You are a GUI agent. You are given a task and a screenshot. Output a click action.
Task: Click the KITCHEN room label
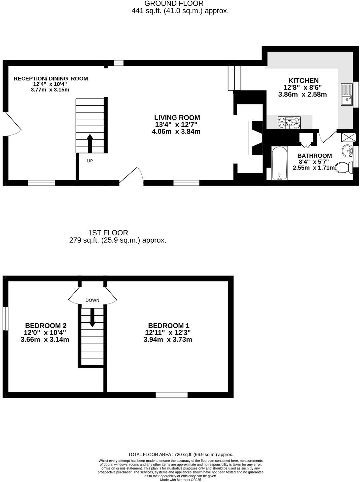coord(303,80)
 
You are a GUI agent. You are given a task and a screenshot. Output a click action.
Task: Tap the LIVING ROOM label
coord(177,118)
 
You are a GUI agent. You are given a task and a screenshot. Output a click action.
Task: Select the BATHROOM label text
coord(314,156)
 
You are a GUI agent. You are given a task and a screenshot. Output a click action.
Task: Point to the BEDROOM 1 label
coord(168,325)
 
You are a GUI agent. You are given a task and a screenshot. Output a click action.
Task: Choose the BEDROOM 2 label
coord(43,325)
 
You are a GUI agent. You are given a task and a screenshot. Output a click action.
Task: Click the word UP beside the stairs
coord(90,161)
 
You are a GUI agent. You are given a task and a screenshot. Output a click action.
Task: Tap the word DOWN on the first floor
coord(92,301)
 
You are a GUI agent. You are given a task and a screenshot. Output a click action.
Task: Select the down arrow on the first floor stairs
coord(92,318)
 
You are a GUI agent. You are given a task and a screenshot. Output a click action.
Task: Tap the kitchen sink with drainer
coord(347,94)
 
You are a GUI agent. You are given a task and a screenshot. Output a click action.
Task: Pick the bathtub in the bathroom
coord(279,163)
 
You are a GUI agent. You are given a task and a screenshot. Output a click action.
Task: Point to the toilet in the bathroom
coord(343,168)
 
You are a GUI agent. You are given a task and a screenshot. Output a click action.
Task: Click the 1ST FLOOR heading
coord(108,233)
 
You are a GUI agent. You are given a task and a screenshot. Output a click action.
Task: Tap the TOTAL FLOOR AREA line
coord(180,455)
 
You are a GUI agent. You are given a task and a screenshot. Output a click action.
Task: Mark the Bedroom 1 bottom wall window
coord(171,395)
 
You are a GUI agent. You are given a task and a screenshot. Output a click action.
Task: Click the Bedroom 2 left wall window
coord(5,318)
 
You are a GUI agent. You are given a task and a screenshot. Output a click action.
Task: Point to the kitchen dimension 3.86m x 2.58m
coord(303,94)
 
